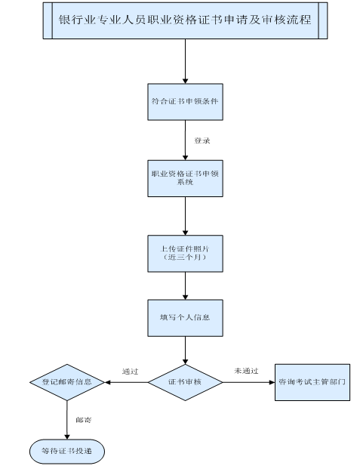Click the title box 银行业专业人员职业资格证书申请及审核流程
click(185, 22)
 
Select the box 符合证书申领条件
click(185, 100)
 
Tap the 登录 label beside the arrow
click(202, 140)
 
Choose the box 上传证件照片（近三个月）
click(185, 254)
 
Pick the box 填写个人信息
click(185, 317)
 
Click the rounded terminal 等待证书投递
click(66, 451)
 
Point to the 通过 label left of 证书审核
click(130, 371)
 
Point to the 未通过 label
click(246, 371)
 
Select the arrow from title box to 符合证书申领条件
click(185, 60)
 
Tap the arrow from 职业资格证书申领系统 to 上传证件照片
click(185, 216)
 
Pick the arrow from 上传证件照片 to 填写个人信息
click(185, 285)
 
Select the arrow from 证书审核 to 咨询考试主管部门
click(249, 382)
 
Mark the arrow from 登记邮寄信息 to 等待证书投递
click(66, 417)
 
